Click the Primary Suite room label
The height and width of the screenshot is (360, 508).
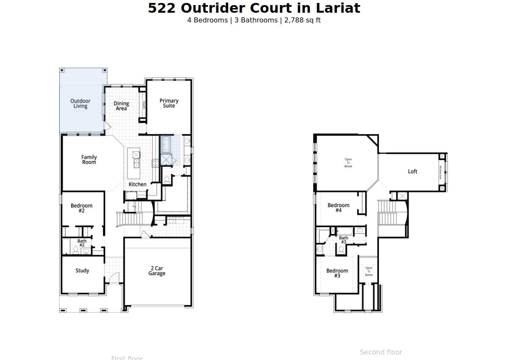pos(169,103)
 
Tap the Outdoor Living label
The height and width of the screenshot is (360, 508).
pos(80,104)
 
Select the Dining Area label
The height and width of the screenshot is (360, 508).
pos(121,106)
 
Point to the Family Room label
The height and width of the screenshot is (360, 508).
pos(89,160)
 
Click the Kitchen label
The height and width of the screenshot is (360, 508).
pos(138,184)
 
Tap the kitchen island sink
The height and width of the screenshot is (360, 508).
pos(136,155)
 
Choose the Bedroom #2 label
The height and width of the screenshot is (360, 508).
pos(82,208)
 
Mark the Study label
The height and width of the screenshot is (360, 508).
pos(82,271)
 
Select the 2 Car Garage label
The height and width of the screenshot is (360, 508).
pos(157,271)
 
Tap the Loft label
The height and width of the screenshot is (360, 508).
pos(413,172)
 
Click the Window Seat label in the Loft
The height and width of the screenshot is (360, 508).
pos(441,172)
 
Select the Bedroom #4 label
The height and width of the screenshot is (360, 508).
pos(339,208)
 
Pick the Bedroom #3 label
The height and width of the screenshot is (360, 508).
pos(337,273)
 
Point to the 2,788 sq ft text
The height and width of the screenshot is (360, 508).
pos(302,20)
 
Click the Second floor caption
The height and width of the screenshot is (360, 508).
pos(381,352)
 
